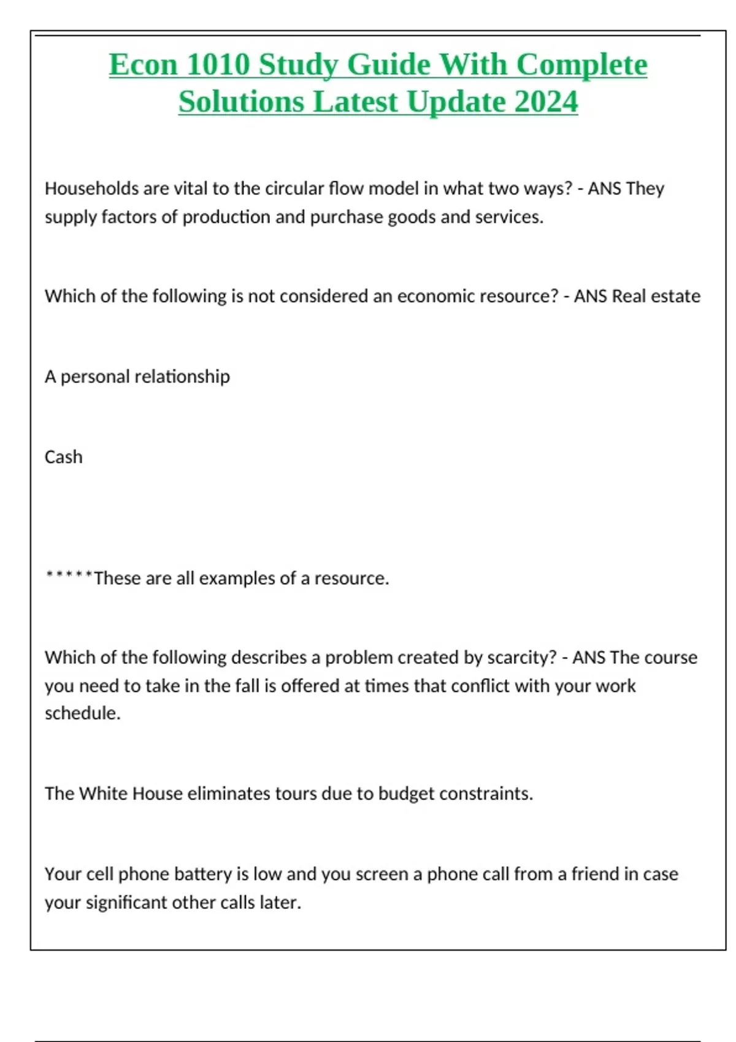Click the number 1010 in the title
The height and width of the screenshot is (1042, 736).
tap(218, 64)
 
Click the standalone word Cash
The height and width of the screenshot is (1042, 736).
tap(63, 457)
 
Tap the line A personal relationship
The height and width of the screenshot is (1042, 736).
tap(137, 376)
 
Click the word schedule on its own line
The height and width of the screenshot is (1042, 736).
tap(82, 713)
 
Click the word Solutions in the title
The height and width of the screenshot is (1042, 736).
tap(242, 102)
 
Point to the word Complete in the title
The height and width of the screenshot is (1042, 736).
tap(581, 64)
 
